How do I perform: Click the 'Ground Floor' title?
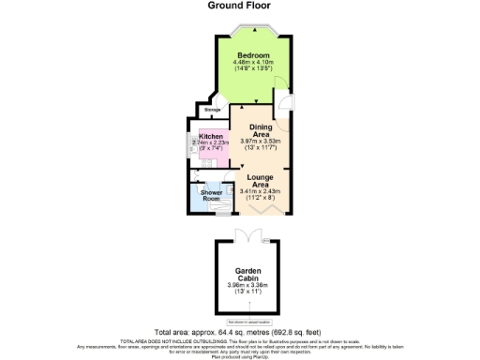[x=239, y=5]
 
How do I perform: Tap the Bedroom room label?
[x=253, y=55]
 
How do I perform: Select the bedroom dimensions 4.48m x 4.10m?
[x=253, y=62]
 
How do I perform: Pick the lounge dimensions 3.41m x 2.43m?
[x=262, y=191]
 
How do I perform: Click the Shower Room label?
[x=211, y=195]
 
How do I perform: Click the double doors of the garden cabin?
[x=249, y=234]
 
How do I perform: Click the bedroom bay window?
[x=252, y=29]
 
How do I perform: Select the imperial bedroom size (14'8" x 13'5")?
[x=253, y=69]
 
